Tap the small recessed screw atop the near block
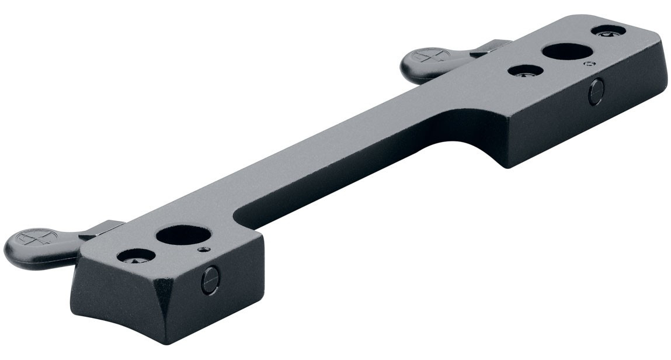click(136, 255)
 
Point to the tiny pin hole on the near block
click(203, 250)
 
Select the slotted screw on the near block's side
click(210, 281)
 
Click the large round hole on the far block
click(565, 51)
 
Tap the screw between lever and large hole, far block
click(526, 71)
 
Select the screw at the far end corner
click(608, 30)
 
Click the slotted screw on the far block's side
click(595, 92)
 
